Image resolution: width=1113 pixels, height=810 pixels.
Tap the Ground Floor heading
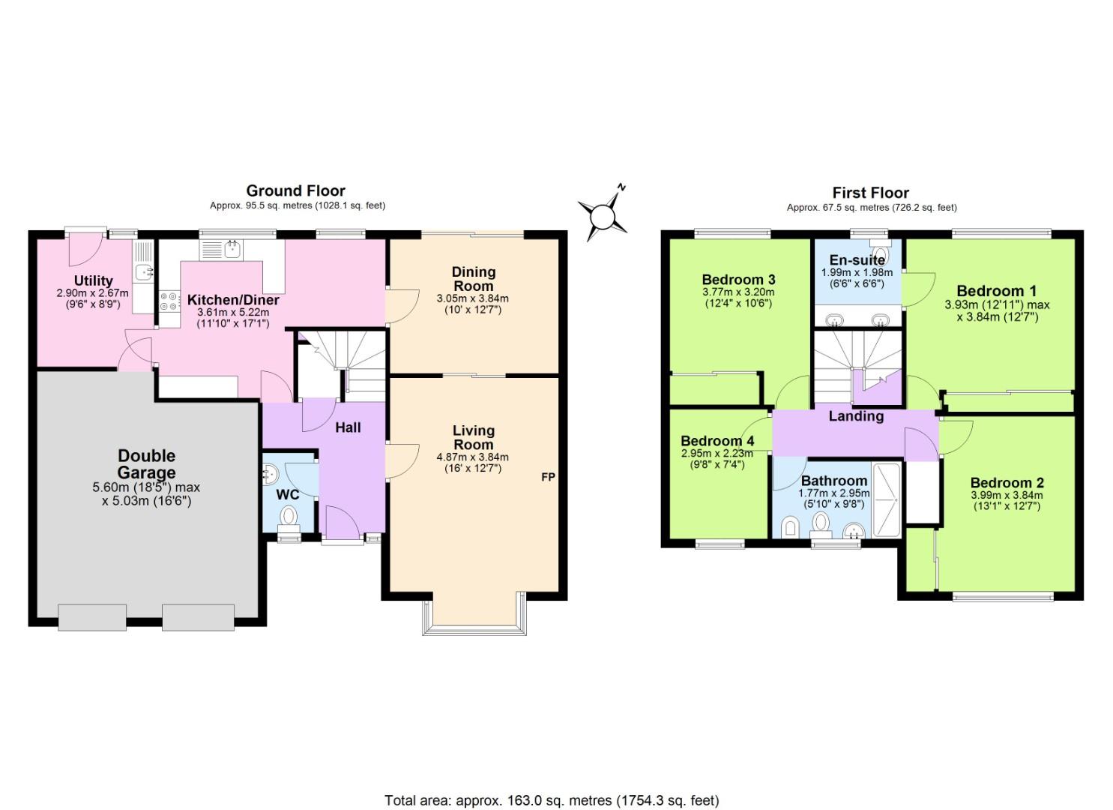coord(295,190)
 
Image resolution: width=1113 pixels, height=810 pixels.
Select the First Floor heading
coord(870,193)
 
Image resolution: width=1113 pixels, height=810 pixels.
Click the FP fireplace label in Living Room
coord(548,476)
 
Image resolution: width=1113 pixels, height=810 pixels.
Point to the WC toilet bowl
coord(289,517)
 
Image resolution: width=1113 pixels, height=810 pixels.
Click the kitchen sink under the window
coord(232,248)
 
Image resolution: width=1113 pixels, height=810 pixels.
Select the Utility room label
coord(94,280)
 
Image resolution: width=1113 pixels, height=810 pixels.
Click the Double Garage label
coord(147,464)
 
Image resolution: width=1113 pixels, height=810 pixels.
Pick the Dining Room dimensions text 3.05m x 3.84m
coord(473,298)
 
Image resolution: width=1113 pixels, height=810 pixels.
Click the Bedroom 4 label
coord(717,441)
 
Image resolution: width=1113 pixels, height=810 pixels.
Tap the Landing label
coord(856,416)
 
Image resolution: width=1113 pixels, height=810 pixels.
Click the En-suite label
coord(857,260)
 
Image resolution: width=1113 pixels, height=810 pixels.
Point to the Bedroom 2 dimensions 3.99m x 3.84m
coord(1007,495)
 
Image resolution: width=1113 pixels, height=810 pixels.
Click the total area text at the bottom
coord(552,800)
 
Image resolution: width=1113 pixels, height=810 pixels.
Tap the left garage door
coord(91,617)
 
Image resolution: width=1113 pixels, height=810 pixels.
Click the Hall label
coord(348,427)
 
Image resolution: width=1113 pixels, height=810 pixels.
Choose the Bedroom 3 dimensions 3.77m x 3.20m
coord(738,292)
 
